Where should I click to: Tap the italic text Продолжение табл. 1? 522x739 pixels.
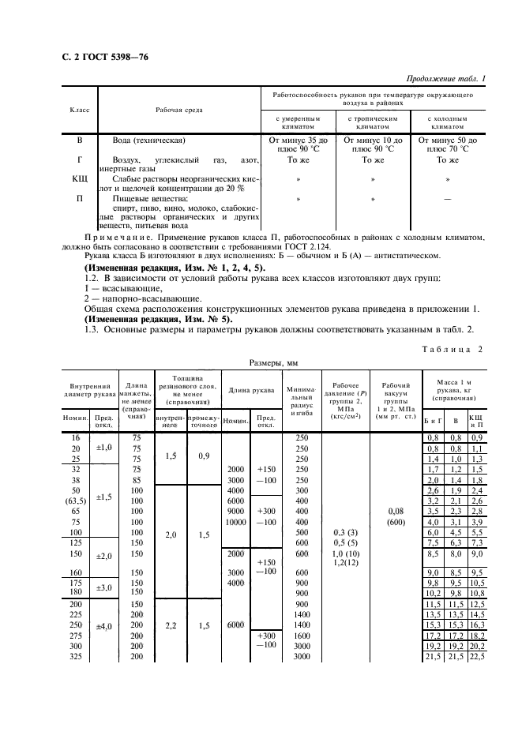445,77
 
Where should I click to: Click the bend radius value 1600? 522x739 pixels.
301,634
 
